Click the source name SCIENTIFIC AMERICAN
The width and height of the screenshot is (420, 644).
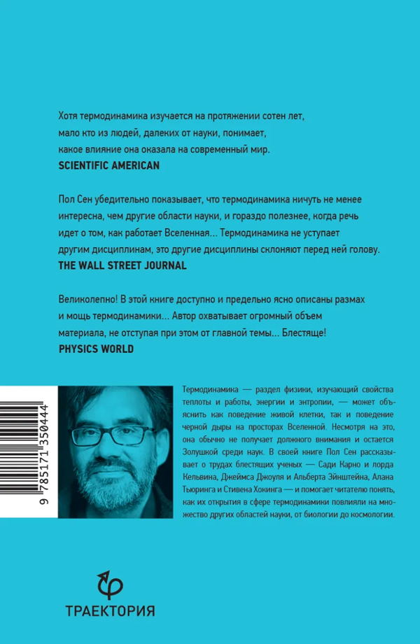pos(108,166)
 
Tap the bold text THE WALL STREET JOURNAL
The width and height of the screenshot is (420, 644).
pos(122,265)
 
